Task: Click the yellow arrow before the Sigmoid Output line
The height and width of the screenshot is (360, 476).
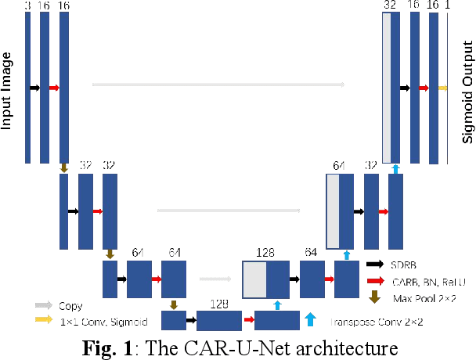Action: [443, 88]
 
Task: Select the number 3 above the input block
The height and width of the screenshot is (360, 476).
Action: [27, 5]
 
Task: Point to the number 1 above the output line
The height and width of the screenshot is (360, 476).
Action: [448, 5]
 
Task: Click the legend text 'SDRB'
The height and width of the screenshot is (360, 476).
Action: [402, 265]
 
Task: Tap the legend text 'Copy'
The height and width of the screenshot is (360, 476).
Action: [70, 306]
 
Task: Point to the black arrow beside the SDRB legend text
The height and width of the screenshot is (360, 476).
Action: [375, 265]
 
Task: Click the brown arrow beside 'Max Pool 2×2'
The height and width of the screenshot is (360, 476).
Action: [375, 296]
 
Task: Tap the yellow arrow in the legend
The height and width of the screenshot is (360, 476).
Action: [43, 319]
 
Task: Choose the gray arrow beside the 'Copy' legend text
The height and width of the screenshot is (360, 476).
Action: [43, 306]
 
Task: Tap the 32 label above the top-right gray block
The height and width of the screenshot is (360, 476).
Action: [390, 5]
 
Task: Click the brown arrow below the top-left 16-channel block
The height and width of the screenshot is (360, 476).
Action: [63, 167]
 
